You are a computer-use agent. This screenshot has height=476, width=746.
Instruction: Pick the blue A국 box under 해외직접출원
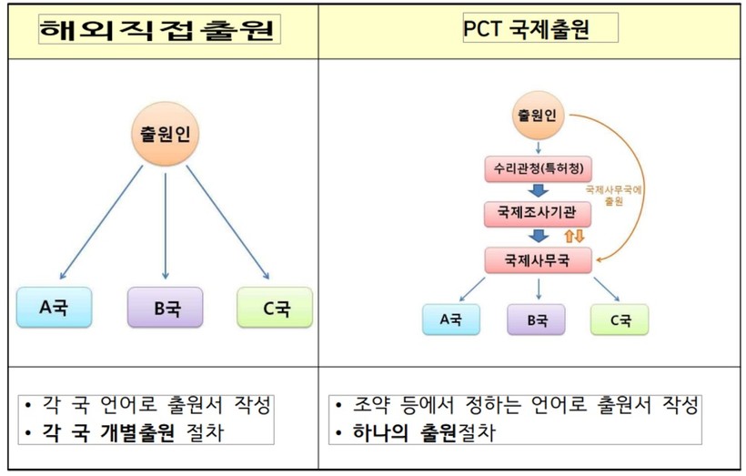pos(55,308)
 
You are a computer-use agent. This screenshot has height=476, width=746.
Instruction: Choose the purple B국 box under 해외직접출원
pos(165,308)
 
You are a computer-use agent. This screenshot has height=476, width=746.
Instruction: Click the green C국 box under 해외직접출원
pos(275,308)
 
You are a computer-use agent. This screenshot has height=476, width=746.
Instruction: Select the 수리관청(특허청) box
pos(539,169)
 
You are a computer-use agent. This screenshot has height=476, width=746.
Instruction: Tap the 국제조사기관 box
pos(539,213)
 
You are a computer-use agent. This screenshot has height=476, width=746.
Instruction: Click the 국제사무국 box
pos(539,259)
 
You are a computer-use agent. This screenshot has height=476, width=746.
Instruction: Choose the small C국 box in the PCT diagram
pos(620,319)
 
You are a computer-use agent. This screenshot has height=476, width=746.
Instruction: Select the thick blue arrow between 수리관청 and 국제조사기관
pos(539,191)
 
